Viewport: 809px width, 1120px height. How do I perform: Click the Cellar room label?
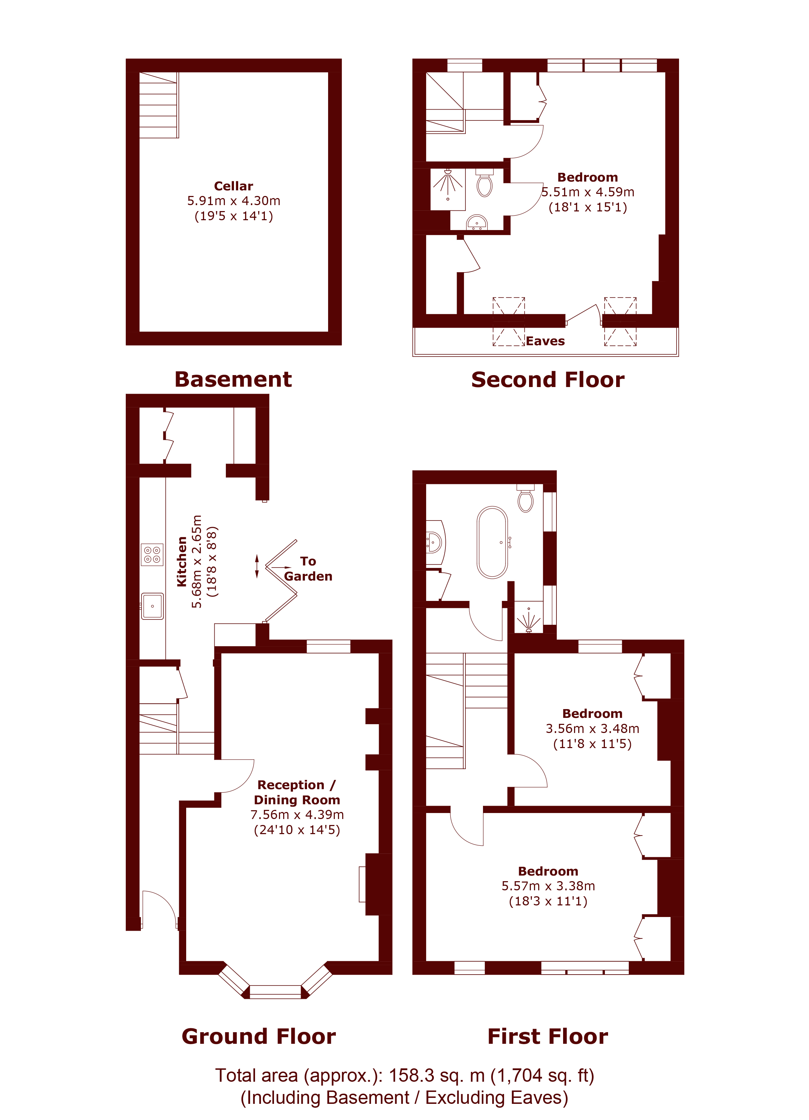(x=234, y=186)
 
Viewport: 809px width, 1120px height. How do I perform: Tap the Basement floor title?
(x=233, y=379)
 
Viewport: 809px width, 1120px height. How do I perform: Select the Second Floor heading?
(x=548, y=380)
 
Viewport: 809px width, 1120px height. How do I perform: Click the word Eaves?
(x=545, y=341)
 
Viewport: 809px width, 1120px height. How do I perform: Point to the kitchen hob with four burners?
(x=152, y=554)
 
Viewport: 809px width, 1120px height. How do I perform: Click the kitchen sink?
(x=152, y=606)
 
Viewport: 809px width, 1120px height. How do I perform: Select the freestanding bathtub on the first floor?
(x=492, y=542)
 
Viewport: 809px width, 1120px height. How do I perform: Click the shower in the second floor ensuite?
(x=448, y=189)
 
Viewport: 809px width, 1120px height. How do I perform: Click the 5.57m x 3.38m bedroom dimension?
(x=548, y=886)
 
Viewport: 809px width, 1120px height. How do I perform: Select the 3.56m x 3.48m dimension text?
(x=592, y=728)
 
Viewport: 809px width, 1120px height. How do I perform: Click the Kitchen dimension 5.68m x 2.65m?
(x=197, y=562)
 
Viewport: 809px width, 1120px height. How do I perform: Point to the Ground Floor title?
(x=259, y=1036)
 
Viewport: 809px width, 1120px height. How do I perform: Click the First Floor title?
(x=548, y=1036)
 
